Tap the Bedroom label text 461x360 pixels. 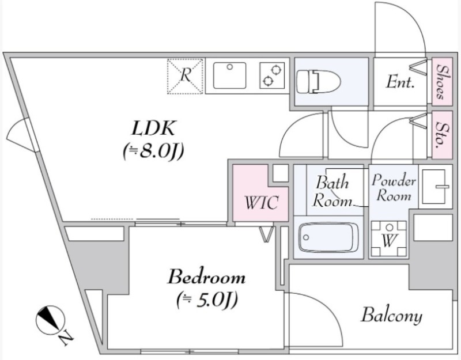tap(206, 278)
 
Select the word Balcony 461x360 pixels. tap(391, 315)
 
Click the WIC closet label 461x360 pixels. tap(260, 203)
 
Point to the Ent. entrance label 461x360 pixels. tap(400, 82)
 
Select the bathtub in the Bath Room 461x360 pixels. tap(328, 237)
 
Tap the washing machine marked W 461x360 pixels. tap(388, 239)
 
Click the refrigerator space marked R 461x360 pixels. tap(186, 76)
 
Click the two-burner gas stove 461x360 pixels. tap(273, 75)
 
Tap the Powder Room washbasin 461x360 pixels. tap(436, 185)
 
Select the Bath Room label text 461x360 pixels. tap(332, 192)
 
